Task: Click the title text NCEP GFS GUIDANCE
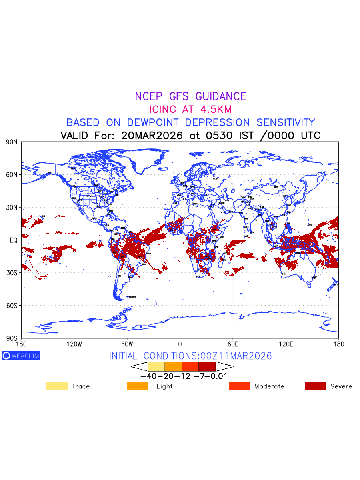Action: pyautogui.click(x=190, y=96)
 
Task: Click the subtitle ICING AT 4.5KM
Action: pyautogui.click(x=190, y=109)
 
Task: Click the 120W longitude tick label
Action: pyautogui.click(x=74, y=344)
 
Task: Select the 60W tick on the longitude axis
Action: pyautogui.click(x=127, y=344)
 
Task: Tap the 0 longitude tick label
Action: pyautogui.click(x=180, y=344)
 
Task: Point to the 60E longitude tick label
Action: pyautogui.click(x=233, y=344)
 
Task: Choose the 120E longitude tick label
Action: pyautogui.click(x=286, y=344)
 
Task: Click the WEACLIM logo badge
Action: pyautogui.click(x=21, y=356)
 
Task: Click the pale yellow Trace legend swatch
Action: pyautogui.click(x=57, y=386)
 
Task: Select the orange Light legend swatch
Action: pyautogui.click(x=138, y=386)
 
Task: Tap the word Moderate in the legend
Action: pyautogui.click(x=269, y=386)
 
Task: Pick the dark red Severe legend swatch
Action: pyautogui.click(x=315, y=386)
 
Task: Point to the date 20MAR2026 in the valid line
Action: pyautogui.click(x=152, y=136)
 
